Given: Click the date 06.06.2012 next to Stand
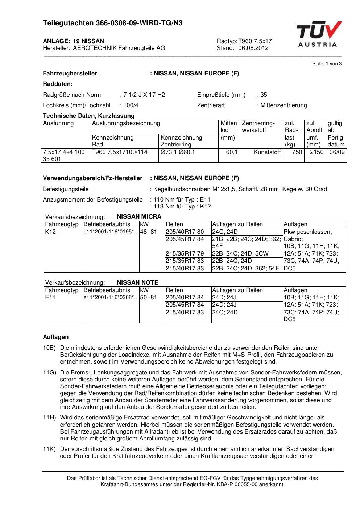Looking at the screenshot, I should [x=253, y=48].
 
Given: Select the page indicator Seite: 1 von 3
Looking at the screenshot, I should [x=327, y=64].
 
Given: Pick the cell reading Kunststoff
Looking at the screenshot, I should [x=267, y=152].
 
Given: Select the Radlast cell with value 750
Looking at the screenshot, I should [x=297, y=152].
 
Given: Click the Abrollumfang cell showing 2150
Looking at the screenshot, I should [x=316, y=152].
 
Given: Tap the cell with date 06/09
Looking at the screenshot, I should [x=337, y=152].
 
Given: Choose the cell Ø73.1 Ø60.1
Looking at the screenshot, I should [x=178, y=152].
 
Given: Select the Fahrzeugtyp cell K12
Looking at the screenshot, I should [x=51, y=232].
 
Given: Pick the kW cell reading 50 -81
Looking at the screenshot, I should [x=148, y=298].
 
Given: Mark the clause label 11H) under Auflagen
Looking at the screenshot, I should [x=49, y=418].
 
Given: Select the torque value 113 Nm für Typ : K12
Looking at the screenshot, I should [x=182, y=207].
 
